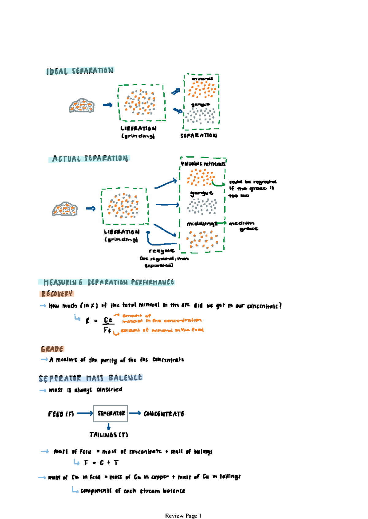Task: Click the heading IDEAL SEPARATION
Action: click(x=80, y=71)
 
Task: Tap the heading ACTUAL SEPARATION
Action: click(x=90, y=159)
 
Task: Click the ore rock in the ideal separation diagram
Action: click(x=81, y=106)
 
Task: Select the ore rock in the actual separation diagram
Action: click(x=64, y=209)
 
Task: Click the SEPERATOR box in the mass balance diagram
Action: click(x=110, y=413)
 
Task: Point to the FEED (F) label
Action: click(x=61, y=414)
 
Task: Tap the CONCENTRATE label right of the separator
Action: click(x=164, y=414)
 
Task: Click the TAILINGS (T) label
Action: click(x=109, y=435)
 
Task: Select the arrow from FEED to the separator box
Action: click(x=85, y=413)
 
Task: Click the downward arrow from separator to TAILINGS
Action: click(x=109, y=427)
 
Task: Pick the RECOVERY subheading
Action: click(x=57, y=294)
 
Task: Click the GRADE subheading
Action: click(x=52, y=349)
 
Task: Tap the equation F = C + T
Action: click(x=101, y=463)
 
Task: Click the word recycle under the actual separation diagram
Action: click(x=162, y=251)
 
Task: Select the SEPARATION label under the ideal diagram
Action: click(x=199, y=135)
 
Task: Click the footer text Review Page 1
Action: click(x=183, y=516)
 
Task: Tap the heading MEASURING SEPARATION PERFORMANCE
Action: click(x=109, y=282)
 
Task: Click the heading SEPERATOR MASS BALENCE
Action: click(x=90, y=378)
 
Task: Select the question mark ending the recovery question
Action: click(x=280, y=306)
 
